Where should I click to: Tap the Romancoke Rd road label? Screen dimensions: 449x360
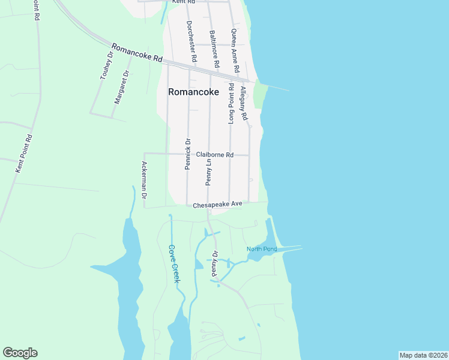pos(137,53)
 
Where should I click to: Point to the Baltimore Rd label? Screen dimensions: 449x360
pos(213,49)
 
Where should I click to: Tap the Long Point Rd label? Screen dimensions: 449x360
pos(231,104)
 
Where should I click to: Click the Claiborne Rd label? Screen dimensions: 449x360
pos(214,155)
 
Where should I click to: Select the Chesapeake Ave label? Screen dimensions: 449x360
pos(217,205)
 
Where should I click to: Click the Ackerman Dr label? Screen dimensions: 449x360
pos(144,180)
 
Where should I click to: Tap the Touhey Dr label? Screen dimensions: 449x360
pos(106,66)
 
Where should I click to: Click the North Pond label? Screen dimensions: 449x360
pos(262,249)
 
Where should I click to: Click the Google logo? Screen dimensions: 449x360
pos(20,353)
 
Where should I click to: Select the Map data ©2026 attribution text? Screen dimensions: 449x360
pos(423,355)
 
